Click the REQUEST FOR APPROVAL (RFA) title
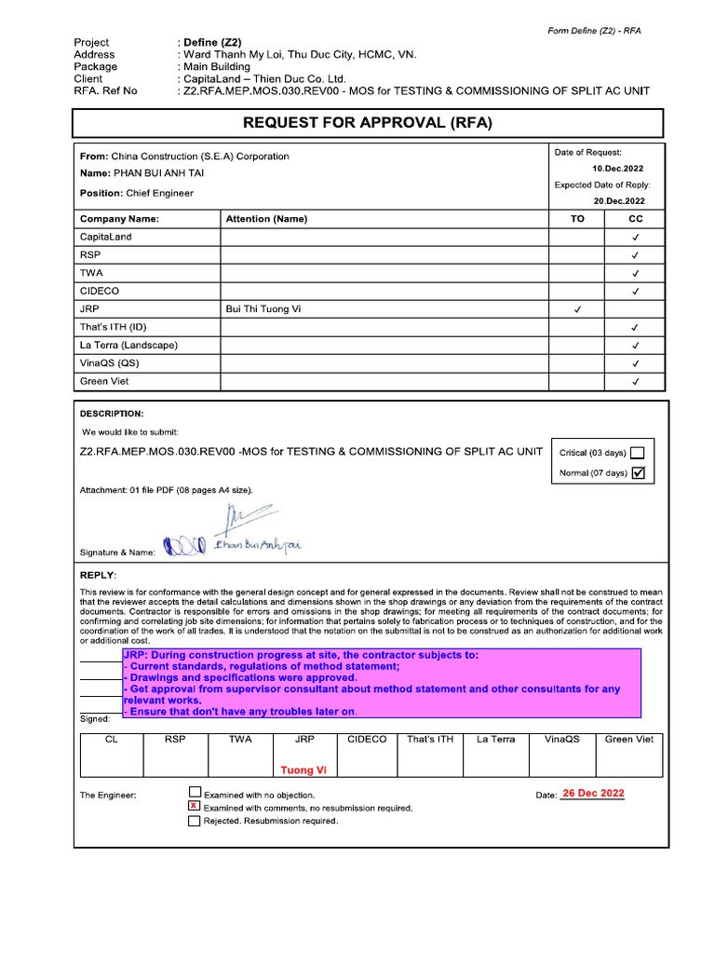(367, 123)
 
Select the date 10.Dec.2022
(618, 169)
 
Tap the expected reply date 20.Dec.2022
(619, 200)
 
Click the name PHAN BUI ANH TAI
(158, 173)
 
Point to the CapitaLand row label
(106, 237)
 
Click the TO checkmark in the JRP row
(577, 309)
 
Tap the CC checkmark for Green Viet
(635, 381)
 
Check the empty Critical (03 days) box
(638, 453)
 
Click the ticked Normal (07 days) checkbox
(638, 472)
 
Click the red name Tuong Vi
(304, 770)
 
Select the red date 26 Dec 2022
(593, 794)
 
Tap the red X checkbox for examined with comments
(194, 806)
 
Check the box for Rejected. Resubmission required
(194, 821)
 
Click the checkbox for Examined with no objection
(194, 793)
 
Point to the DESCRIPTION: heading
(112, 413)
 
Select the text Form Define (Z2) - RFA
(594, 31)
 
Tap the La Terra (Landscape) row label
(128, 345)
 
